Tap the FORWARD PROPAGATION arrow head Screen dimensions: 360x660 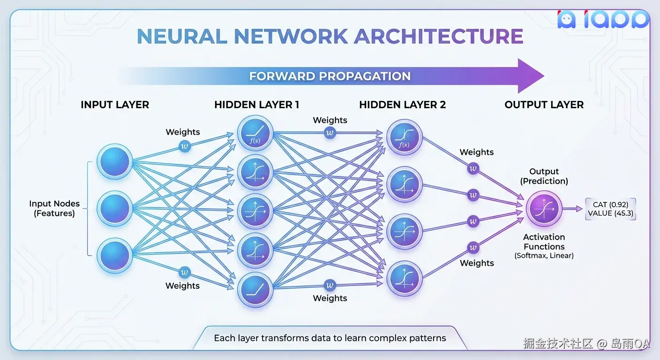pyautogui.click(x=530, y=76)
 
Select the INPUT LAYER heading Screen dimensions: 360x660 pyautogui.click(x=115, y=105)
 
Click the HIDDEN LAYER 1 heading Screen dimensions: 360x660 pyautogui.click(x=256, y=105)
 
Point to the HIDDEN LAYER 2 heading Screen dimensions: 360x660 pyautogui.click(x=402, y=105)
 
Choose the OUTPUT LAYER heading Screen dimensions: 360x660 pyautogui.click(x=544, y=105)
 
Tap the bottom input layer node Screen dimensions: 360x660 pyautogui.click(x=114, y=255)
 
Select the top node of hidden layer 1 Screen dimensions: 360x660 pyautogui.click(x=255, y=134)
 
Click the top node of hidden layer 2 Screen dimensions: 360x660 pyautogui.click(x=405, y=138)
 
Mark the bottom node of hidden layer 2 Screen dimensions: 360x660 pyautogui.click(x=405, y=278)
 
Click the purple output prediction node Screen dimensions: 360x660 pyautogui.click(x=543, y=209)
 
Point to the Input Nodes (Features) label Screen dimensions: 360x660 pyautogui.click(x=54, y=209)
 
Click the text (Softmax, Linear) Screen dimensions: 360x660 pyautogui.click(x=544, y=256)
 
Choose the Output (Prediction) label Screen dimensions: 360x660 pyautogui.click(x=544, y=176)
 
